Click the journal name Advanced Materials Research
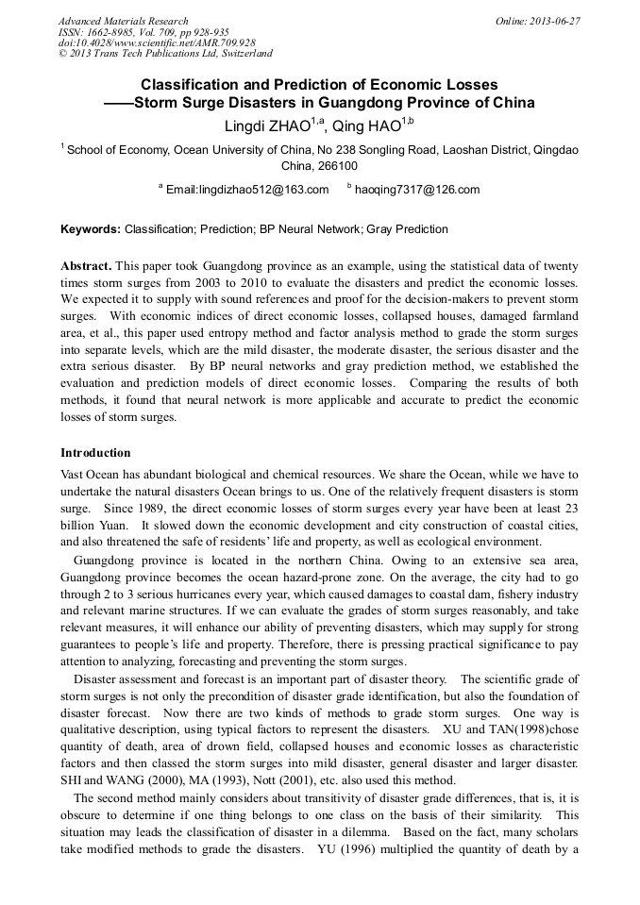[123, 21]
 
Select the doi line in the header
[157, 43]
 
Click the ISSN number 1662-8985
[118, 32]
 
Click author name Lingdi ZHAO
[269, 125]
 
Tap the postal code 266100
[320, 165]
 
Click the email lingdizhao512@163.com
[247, 190]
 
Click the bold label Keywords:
[91, 229]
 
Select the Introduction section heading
[95, 453]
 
